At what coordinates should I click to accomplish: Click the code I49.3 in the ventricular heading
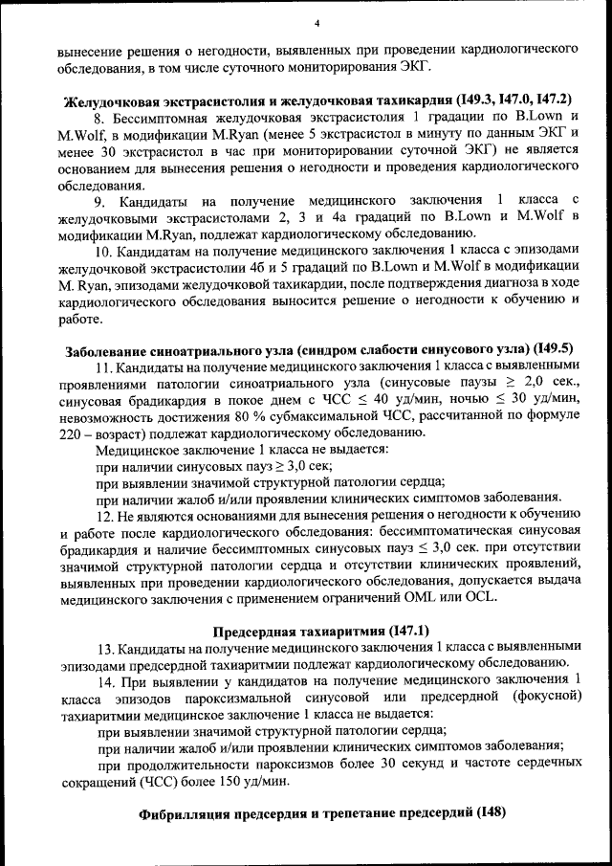[x=479, y=100]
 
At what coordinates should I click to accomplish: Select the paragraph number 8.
[x=98, y=116]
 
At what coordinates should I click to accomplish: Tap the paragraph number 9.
[x=98, y=200]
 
